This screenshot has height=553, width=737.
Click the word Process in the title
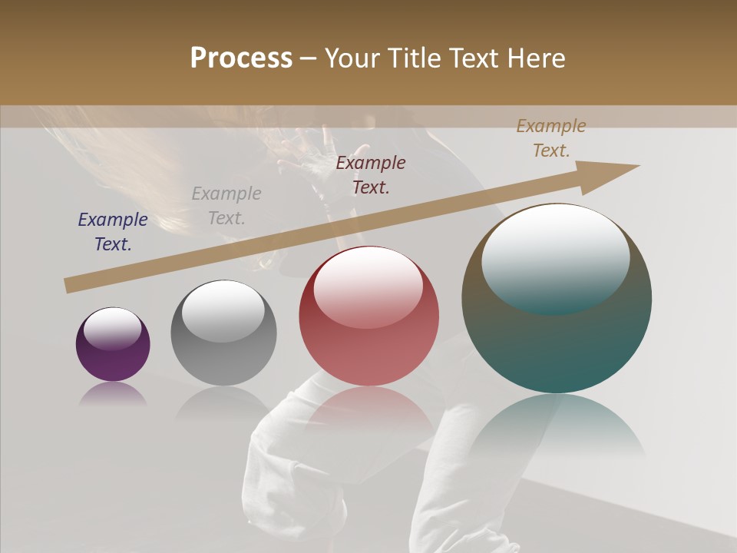[x=241, y=58]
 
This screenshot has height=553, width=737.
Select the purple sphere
[x=113, y=344]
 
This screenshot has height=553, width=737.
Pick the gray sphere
[x=223, y=333]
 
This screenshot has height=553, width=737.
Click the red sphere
[x=368, y=316]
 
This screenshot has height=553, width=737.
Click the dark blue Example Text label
[x=113, y=232]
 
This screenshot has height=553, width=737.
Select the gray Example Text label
[x=226, y=206]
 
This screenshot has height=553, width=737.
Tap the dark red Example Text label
[x=371, y=175]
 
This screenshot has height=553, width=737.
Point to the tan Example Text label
[x=551, y=138]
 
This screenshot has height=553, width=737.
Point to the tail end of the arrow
[x=69, y=286]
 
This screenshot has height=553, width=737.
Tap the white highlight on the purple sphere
[x=112, y=327]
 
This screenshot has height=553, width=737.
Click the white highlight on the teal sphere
[x=555, y=257]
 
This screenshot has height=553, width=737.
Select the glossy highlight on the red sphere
[x=368, y=286]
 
